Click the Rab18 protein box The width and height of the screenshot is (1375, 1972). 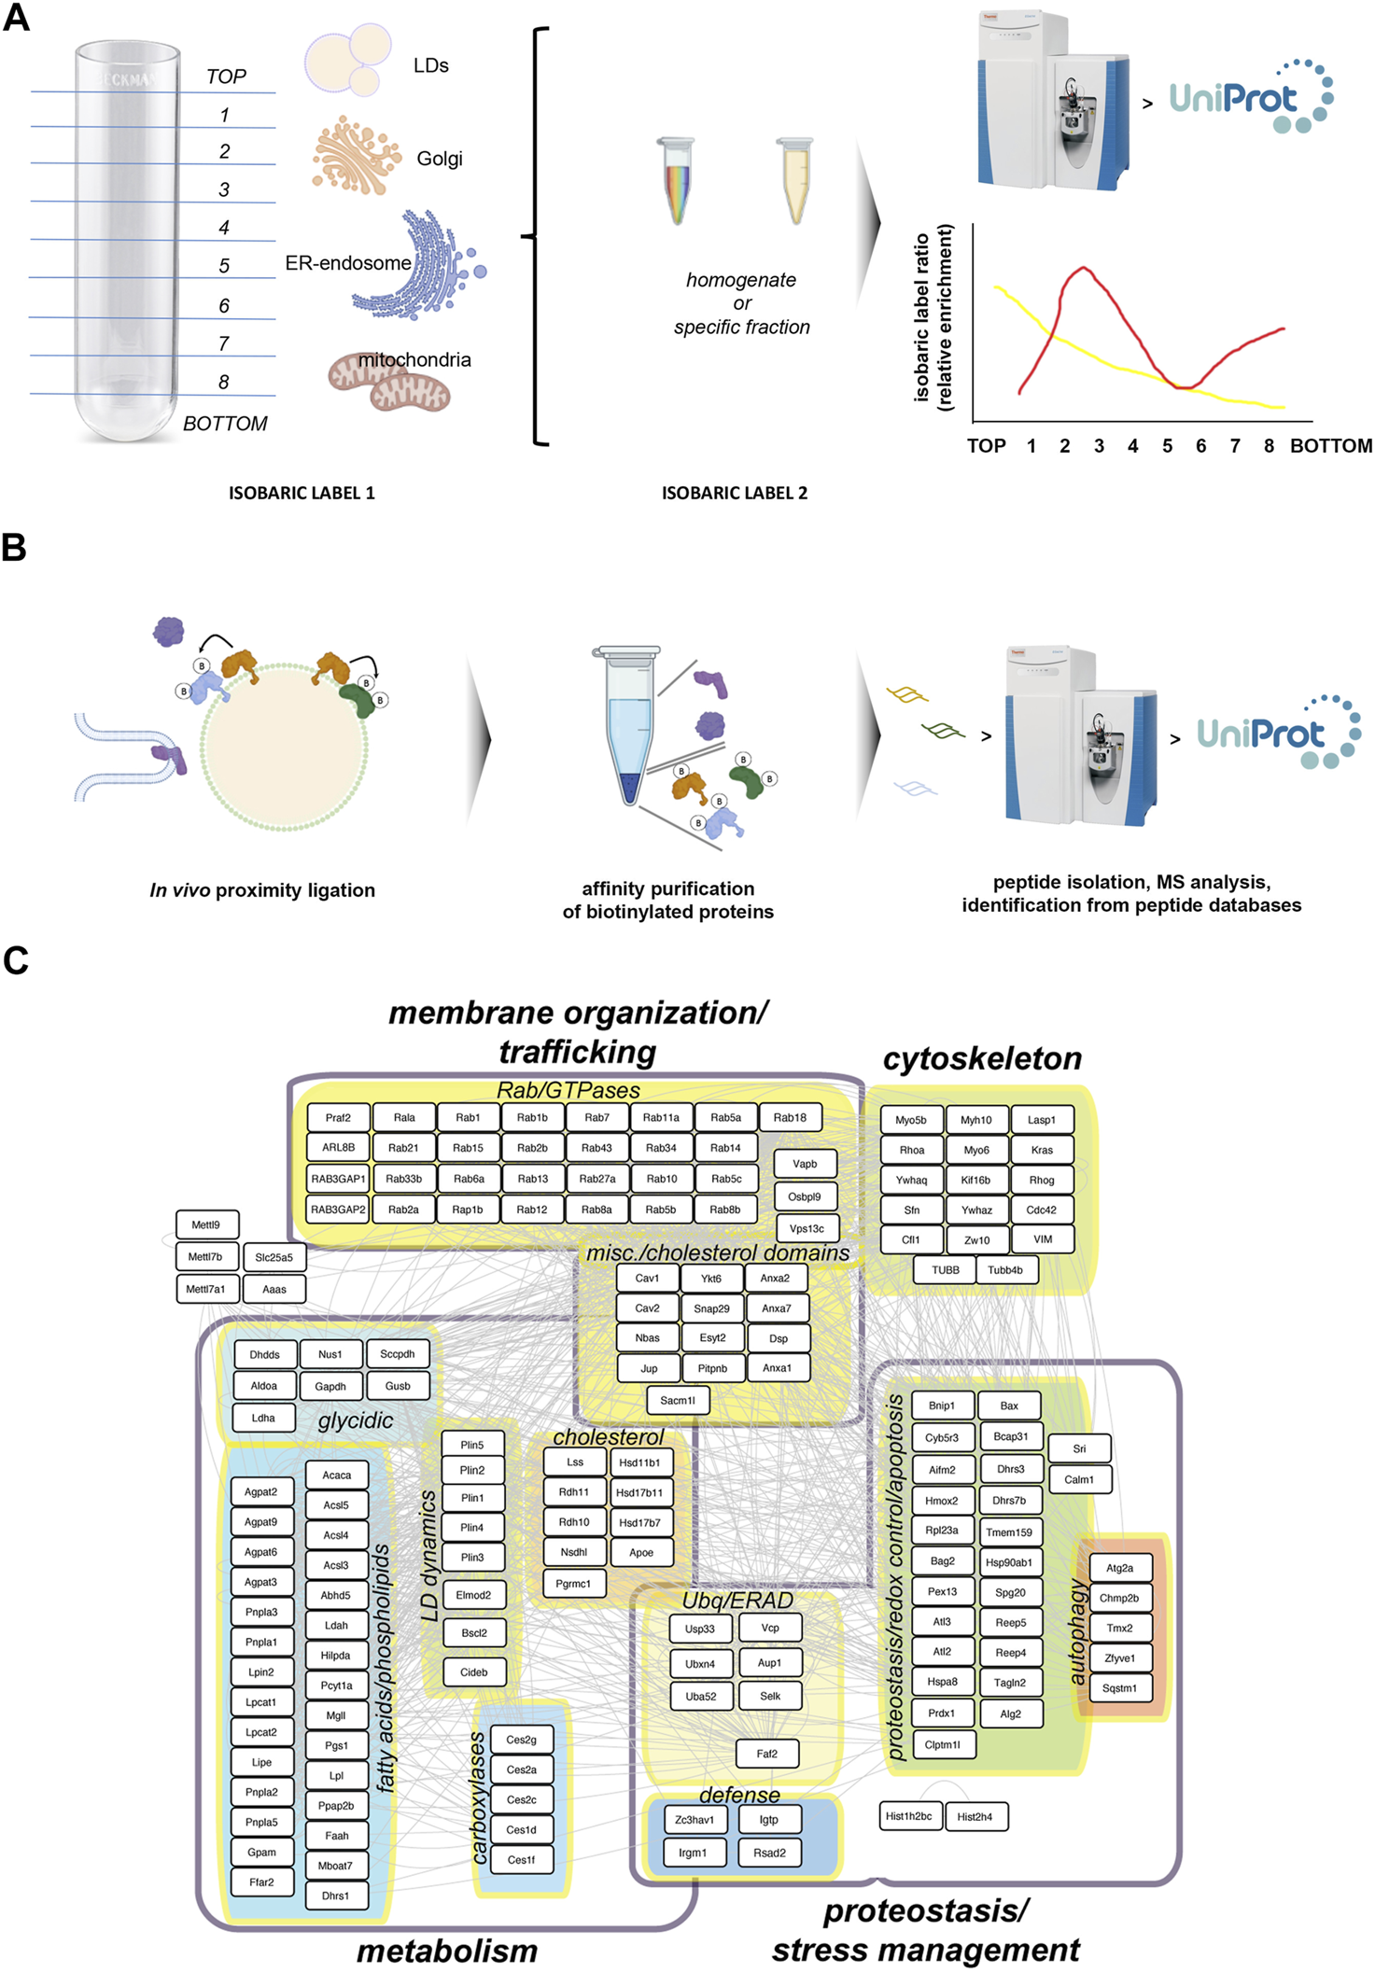click(x=790, y=1117)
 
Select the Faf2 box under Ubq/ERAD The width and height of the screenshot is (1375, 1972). click(x=766, y=1754)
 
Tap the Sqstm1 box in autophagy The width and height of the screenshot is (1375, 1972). click(x=1119, y=1687)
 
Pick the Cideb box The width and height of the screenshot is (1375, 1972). click(x=473, y=1671)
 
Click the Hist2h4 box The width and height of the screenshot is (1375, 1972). click(x=975, y=1816)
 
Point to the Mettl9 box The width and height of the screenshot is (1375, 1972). click(x=206, y=1224)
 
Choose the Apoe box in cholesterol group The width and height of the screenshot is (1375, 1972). click(x=641, y=1552)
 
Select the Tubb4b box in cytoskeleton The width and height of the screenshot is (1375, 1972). click(x=1005, y=1269)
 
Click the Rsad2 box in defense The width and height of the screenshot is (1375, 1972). click(x=769, y=1853)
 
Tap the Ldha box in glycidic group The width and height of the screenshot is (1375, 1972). click(x=263, y=1418)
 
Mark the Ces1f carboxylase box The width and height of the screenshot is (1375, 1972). click(x=521, y=1859)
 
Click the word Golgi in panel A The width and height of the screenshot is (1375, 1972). click(x=440, y=159)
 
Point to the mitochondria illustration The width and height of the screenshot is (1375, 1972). click(x=390, y=383)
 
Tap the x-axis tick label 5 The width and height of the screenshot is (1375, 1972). click(x=1167, y=446)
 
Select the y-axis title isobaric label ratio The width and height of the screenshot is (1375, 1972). click(x=922, y=317)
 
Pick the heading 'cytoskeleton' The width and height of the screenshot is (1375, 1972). click(x=982, y=1058)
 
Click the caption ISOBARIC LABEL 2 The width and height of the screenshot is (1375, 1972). click(x=735, y=493)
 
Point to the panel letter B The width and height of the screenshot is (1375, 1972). click(x=14, y=548)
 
